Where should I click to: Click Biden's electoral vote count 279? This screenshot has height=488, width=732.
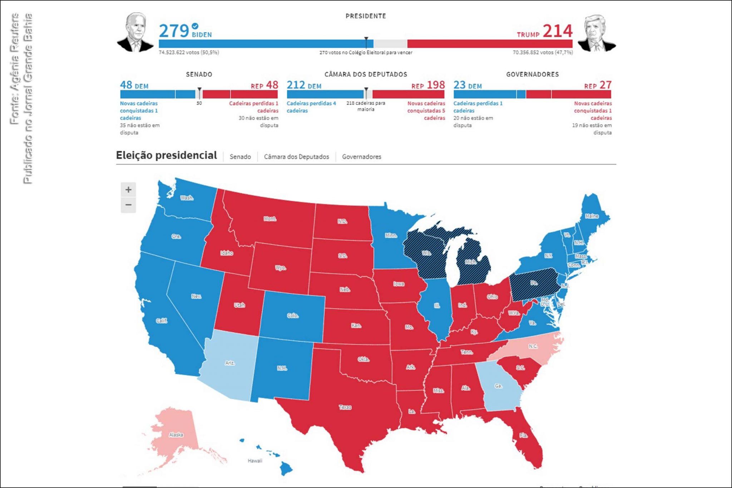[174, 31]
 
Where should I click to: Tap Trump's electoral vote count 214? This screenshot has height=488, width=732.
[558, 31]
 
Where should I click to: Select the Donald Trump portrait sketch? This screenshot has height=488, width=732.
[596, 34]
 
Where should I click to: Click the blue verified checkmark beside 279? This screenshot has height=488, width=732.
[195, 26]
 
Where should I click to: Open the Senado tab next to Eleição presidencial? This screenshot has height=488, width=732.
[240, 157]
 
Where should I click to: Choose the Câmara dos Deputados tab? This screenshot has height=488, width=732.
[296, 157]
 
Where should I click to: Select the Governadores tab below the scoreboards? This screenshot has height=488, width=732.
[361, 157]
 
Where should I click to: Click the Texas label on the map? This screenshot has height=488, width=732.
[345, 407]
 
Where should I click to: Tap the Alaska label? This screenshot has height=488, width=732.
[176, 435]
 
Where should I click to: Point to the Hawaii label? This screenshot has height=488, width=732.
[255, 461]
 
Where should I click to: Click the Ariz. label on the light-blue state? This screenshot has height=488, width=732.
[230, 363]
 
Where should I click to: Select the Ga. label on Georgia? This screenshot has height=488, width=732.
[498, 386]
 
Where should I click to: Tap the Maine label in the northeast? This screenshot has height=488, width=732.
[592, 216]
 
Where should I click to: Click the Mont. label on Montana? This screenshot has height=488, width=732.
[270, 219]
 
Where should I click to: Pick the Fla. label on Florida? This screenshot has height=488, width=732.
[523, 435]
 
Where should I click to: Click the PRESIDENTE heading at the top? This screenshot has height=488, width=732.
[366, 16]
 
